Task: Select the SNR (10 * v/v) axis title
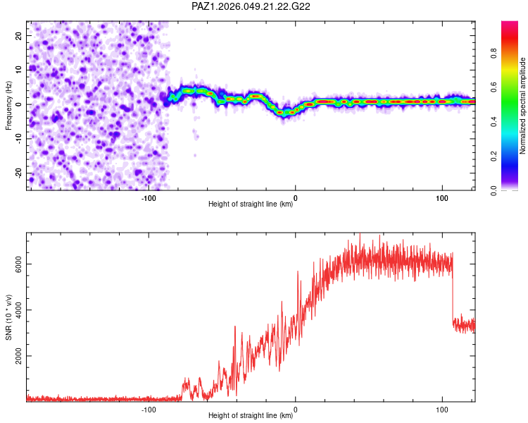[x=9, y=317]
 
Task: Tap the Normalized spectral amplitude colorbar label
[x=523, y=106]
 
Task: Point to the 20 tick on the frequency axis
[x=19, y=35]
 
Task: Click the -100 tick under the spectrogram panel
[x=149, y=198]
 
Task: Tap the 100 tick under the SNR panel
[x=442, y=410]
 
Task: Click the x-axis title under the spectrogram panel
[x=251, y=204]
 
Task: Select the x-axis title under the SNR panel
[x=251, y=416]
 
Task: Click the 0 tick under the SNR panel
[x=296, y=410]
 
